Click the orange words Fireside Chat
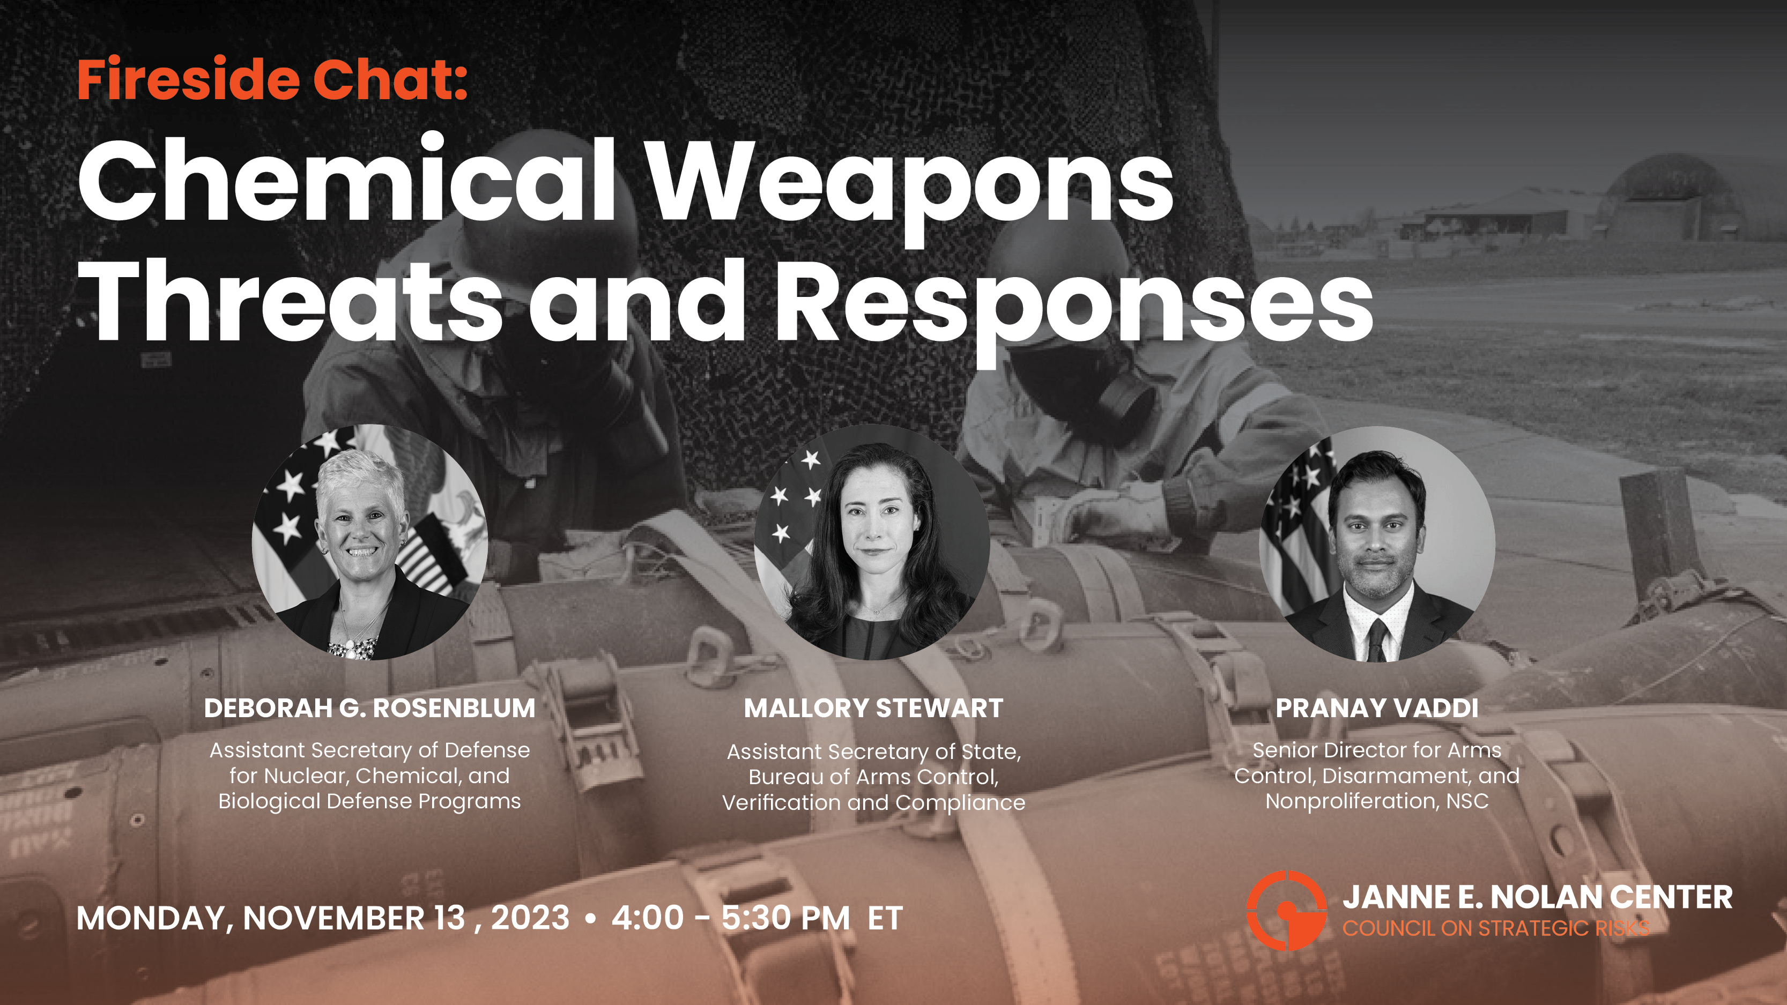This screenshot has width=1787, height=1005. click(272, 79)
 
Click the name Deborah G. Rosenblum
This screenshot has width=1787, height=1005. click(370, 708)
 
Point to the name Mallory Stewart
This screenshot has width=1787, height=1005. click(873, 708)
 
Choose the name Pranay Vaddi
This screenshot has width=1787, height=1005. click(1377, 708)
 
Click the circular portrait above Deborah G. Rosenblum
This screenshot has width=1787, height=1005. click(370, 542)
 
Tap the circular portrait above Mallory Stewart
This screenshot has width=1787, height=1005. click(872, 542)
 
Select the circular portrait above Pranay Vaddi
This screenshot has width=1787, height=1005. click(1377, 544)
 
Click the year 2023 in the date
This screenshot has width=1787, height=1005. click(530, 918)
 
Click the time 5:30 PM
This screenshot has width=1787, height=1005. click(785, 918)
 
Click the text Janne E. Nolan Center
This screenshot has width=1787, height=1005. click(1537, 897)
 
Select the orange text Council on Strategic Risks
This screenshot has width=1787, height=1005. click(1496, 928)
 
